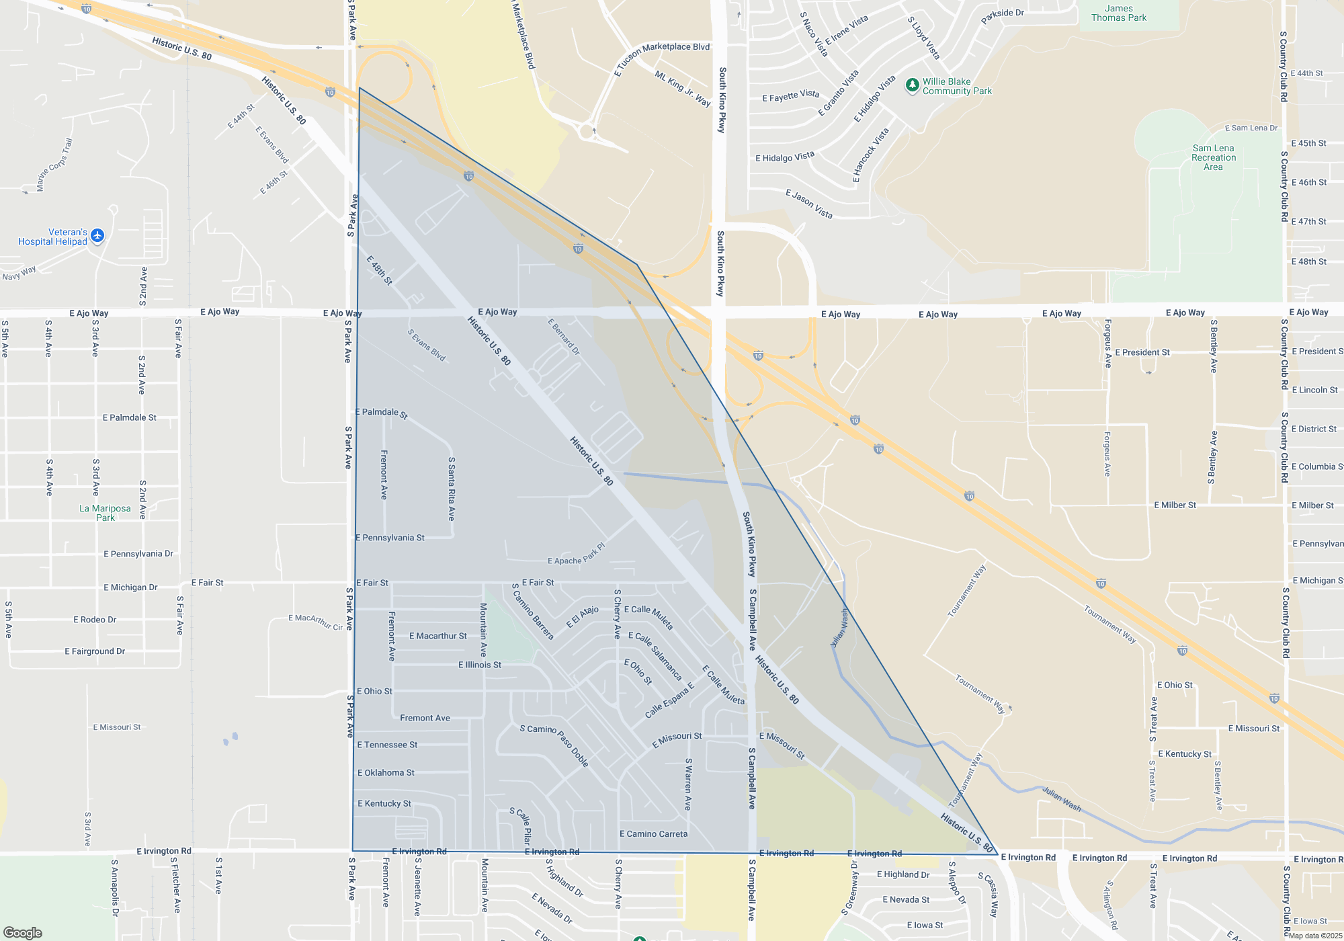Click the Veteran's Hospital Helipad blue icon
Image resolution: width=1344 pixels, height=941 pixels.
click(97, 235)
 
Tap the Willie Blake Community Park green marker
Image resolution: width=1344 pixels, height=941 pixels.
click(912, 85)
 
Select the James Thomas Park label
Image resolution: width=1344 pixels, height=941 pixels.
click(1119, 13)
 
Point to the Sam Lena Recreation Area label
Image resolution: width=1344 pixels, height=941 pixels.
click(1213, 157)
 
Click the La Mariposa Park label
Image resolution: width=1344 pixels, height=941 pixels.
click(105, 513)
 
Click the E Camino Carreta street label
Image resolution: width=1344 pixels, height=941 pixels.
click(653, 834)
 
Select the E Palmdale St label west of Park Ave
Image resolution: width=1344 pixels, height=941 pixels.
click(129, 417)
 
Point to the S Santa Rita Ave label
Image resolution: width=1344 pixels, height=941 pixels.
click(452, 489)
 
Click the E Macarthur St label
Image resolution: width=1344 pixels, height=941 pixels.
click(438, 636)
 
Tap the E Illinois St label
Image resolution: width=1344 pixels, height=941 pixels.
click(480, 665)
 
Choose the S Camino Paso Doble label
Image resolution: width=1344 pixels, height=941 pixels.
click(554, 745)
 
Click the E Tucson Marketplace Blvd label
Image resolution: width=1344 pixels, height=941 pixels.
click(662, 58)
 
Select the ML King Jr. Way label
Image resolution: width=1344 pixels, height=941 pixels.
click(682, 89)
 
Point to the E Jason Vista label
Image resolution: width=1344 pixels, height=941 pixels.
click(809, 204)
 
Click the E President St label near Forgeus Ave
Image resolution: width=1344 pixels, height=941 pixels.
click(1142, 352)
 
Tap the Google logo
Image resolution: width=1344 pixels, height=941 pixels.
click(22, 933)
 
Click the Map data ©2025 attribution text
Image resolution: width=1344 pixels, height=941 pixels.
click(1315, 936)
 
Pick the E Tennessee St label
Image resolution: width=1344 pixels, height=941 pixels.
click(387, 745)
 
